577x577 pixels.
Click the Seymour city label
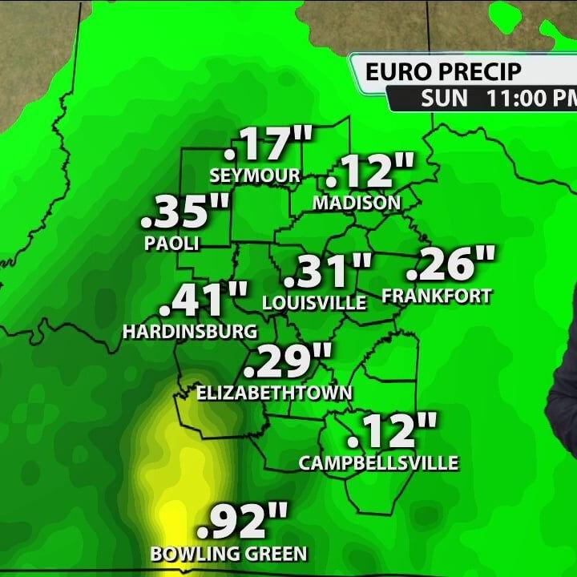pos(255,175)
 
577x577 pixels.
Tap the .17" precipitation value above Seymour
pos(268,145)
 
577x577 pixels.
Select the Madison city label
pos(357,203)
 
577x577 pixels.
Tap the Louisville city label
pos(314,303)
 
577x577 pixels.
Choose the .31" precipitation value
pos(329,272)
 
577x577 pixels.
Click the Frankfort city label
pos(437,296)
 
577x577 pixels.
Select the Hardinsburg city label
pos(191,331)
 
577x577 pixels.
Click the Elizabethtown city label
pos(275,392)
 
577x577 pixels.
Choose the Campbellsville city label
pos(378,462)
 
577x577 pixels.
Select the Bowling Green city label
pos(229,553)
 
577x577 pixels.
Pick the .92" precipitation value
pos(242,523)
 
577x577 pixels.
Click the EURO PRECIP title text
pos(443,72)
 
